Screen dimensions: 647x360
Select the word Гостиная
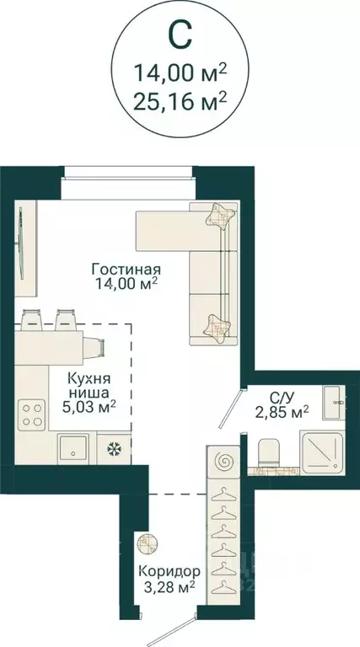pyautogui.click(x=126, y=270)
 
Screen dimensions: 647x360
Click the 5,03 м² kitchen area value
pyautogui.click(x=89, y=407)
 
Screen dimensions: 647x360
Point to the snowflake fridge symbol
pyautogui.click(x=111, y=447)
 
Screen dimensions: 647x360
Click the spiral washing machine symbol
pyautogui.click(x=224, y=463)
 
